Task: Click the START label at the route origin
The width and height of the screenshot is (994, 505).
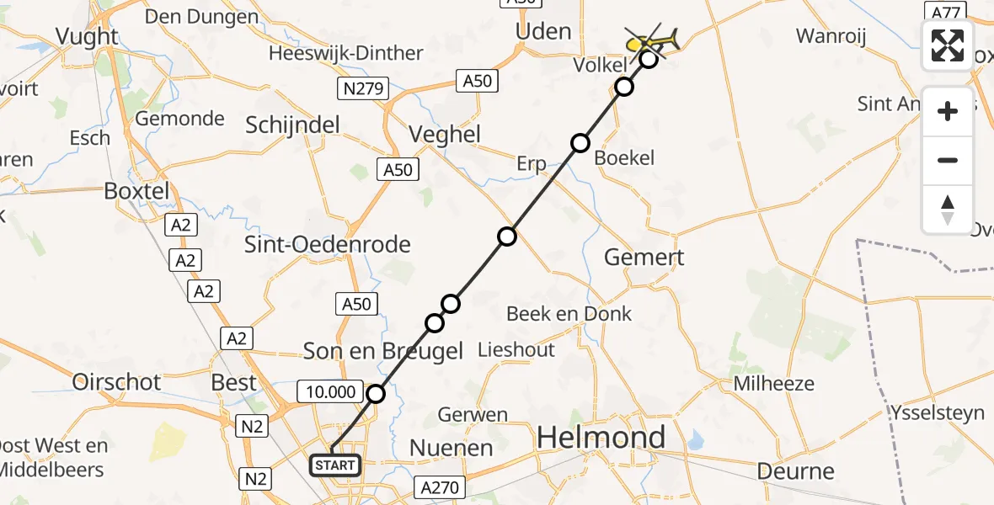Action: (x=336, y=465)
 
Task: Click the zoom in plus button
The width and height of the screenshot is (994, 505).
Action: (x=948, y=111)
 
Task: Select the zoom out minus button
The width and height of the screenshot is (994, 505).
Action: (x=948, y=160)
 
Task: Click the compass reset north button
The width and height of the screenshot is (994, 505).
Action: (x=948, y=210)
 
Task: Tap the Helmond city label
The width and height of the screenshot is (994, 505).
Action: (x=601, y=438)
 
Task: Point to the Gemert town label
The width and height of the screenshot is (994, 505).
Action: (x=644, y=258)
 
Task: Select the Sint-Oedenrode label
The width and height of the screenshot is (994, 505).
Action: (x=327, y=245)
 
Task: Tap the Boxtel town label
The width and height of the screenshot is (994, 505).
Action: (x=136, y=191)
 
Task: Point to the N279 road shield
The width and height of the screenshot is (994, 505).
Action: (x=364, y=87)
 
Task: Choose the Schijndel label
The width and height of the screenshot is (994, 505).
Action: (x=292, y=125)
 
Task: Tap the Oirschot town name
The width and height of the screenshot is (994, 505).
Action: (x=116, y=382)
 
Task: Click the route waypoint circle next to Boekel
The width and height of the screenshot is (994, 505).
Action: (x=580, y=143)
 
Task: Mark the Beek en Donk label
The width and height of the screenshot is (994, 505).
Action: (x=569, y=314)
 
